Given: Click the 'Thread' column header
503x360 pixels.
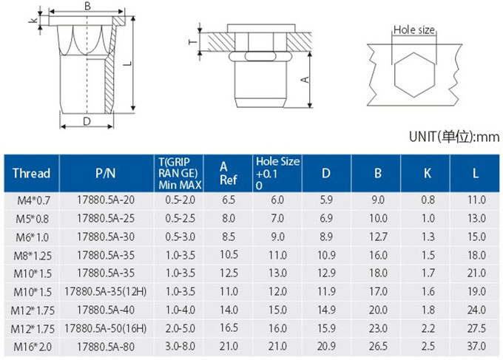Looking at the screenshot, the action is pos(31,174).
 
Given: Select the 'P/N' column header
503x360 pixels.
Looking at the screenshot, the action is pos(106,174).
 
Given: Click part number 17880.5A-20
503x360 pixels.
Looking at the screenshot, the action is pos(106,200).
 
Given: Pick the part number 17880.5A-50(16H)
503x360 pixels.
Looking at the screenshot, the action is pos(106,329).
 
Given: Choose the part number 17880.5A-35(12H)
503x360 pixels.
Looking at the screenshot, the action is pos(106,292).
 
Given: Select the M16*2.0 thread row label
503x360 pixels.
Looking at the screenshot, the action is pos(33,347).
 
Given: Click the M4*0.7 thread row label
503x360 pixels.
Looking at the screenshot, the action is pos(34,200).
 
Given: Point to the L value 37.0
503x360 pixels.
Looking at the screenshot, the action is pos(476,346).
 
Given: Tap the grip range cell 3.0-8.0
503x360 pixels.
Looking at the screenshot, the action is pos(180,347).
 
